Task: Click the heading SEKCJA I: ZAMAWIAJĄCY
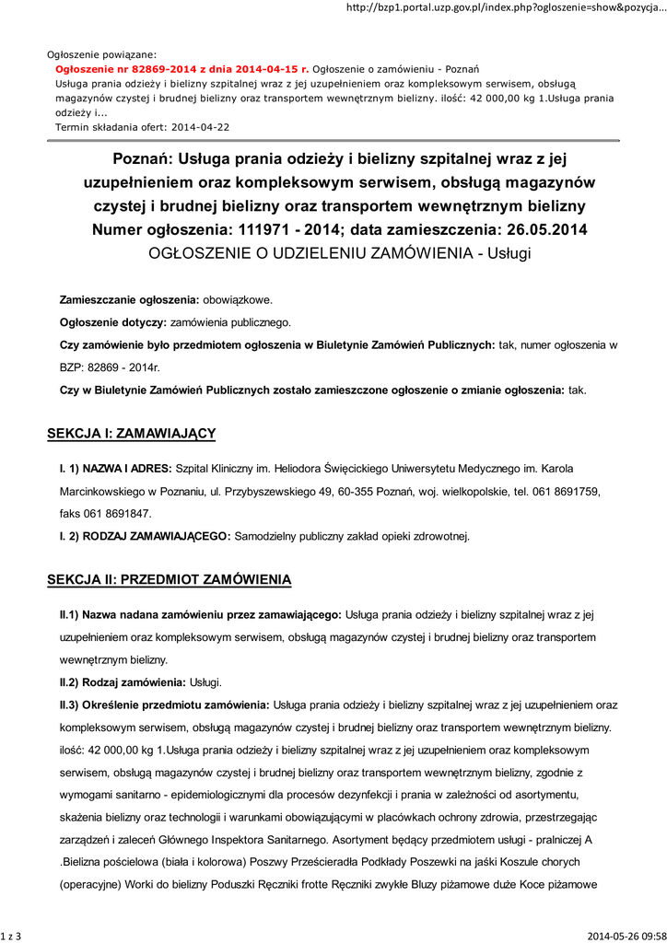pyautogui.click(x=131, y=433)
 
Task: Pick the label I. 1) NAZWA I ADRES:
pyautogui.click(x=116, y=469)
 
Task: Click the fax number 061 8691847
pyautogui.click(x=119, y=513)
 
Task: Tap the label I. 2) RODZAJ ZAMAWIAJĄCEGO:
pyautogui.click(x=146, y=535)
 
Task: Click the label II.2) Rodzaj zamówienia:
pyautogui.click(x=123, y=681)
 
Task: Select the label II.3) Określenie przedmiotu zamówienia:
pyautogui.click(x=165, y=704)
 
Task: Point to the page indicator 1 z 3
pyautogui.click(x=12, y=936)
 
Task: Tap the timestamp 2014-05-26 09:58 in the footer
pyautogui.click(x=626, y=936)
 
